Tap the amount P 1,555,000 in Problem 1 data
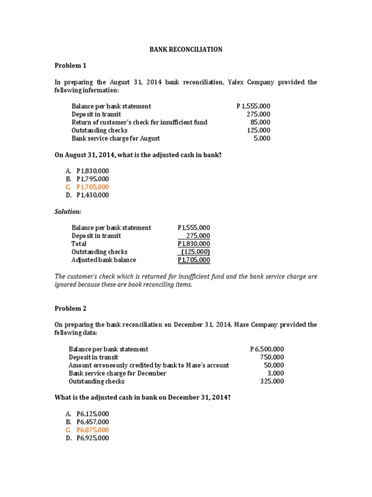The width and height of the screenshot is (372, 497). click(253, 106)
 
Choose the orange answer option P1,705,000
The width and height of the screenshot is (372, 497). click(93, 187)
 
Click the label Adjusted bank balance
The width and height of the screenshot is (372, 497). click(104, 260)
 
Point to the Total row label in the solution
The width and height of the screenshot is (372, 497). click(79, 244)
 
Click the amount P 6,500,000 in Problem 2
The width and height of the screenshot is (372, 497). click(267, 349)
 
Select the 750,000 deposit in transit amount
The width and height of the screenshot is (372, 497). click(272, 357)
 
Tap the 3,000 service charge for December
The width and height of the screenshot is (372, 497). click(276, 373)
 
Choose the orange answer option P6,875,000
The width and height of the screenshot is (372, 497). click(93, 430)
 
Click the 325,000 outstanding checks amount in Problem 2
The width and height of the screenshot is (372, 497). click(272, 381)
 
